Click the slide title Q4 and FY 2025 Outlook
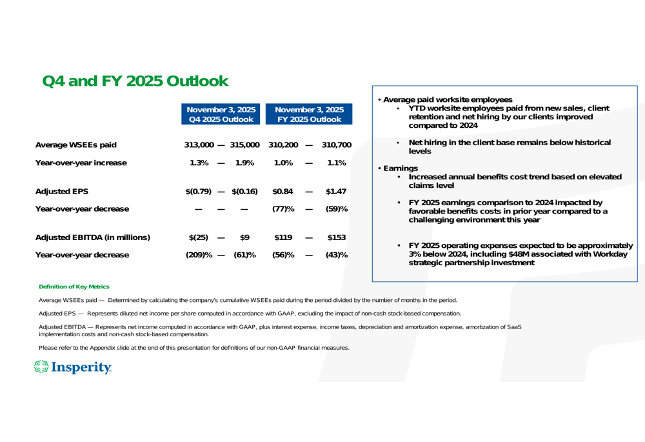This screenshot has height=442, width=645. coord(135,81)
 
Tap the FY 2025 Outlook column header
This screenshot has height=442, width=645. coord(310,114)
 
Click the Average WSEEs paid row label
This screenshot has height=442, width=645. coord(75,145)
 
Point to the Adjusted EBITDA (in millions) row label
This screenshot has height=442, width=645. coord(92,237)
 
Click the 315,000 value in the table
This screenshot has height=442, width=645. coord(243,145)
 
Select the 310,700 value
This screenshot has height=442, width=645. coord(335,145)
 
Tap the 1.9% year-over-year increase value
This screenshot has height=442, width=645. coord(244,163)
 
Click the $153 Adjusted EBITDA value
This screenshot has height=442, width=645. coord(337,237)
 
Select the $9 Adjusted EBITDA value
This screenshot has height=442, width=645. coord(245,237)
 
